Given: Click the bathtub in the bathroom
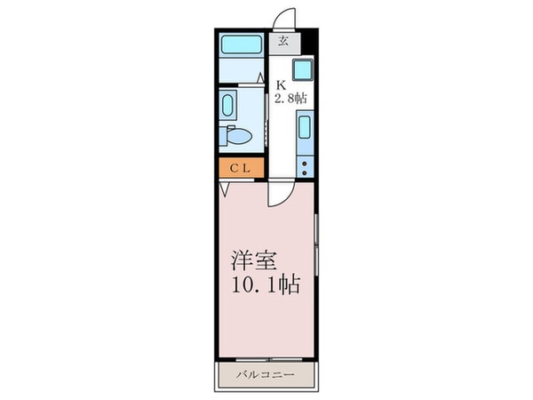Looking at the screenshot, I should [x=241, y=44].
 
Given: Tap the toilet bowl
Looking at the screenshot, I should [x=239, y=136].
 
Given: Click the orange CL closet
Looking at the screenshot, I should [x=241, y=166].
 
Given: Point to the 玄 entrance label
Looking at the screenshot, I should [x=283, y=41].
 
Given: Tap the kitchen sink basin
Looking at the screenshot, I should [x=305, y=126].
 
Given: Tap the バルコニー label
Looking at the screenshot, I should [x=265, y=374].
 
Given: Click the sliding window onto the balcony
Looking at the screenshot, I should [x=265, y=359].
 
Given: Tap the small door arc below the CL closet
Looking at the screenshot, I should [x=226, y=188].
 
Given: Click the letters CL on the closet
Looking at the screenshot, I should [x=241, y=166].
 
